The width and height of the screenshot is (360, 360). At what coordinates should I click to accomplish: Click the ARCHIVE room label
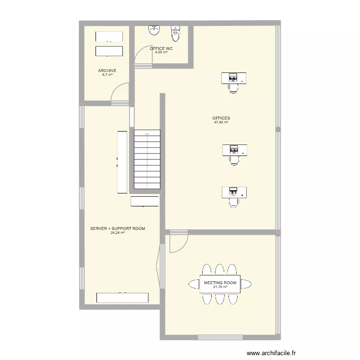pyautogui.click(x=107, y=71)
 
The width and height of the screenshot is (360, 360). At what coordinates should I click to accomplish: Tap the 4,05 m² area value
pyautogui.click(x=161, y=52)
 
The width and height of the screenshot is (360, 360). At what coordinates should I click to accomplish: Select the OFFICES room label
pyautogui.click(x=221, y=118)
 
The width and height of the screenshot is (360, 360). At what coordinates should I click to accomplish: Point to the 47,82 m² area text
pyautogui.click(x=221, y=122)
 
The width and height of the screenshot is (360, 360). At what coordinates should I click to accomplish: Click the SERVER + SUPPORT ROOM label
pyautogui.click(x=118, y=228)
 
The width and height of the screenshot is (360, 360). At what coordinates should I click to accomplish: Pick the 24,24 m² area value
pyautogui.click(x=118, y=233)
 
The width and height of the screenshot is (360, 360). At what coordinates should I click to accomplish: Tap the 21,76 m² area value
pyautogui.click(x=220, y=287)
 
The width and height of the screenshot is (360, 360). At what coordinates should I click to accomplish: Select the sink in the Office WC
pyautogui.click(x=154, y=30)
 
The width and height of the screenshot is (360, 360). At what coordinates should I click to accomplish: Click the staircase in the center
pyautogui.click(x=147, y=160)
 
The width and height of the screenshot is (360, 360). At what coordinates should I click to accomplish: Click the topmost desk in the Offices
pyautogui.click(x=234, y=77)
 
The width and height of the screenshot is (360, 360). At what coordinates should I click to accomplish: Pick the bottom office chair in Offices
pyautogui.click(x=234, y=203)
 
